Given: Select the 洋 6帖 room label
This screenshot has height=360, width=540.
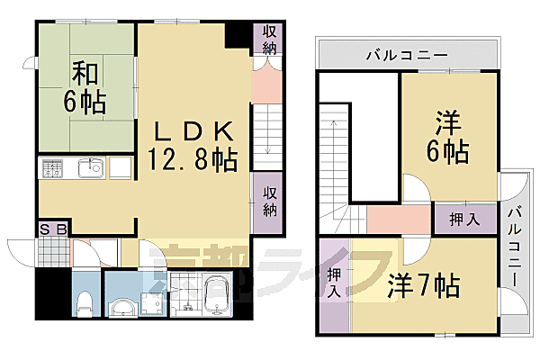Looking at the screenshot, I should coord(446,138).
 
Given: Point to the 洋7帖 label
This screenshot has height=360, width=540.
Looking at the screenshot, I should coord(424,286).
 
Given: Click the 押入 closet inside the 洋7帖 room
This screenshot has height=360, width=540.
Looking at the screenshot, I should coord(334,283).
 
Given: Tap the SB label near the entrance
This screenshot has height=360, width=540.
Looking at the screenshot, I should coord(53,229).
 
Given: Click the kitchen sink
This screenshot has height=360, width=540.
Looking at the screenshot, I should coord(89,168).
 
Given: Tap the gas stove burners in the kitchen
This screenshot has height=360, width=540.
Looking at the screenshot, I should coord(51,168).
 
